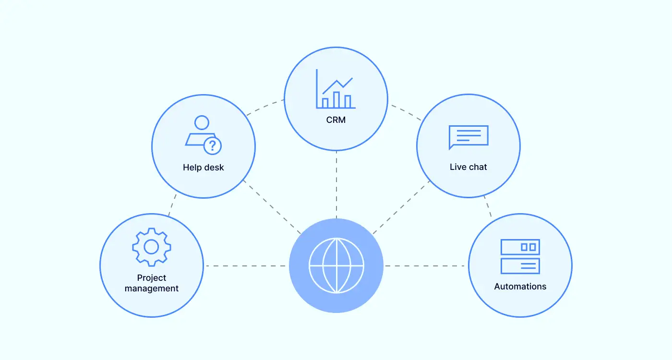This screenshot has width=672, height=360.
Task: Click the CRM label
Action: [336, 120]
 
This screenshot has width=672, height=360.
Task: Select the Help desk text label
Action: [203, 168]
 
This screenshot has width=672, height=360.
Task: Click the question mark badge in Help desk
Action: [213, 145]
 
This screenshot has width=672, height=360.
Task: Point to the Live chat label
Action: [468, 167]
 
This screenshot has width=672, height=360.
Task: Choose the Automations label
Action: [520, 287]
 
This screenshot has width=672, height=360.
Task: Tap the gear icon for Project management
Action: [151, 247]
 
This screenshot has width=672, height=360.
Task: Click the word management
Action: [151, 288]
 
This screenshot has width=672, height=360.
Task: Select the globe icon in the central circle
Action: [336, 265]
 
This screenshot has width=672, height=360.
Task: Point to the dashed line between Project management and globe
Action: [247, 265]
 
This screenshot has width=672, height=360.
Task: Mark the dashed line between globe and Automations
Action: [425, 265]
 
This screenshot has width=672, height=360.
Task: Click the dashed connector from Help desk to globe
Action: [271, 206]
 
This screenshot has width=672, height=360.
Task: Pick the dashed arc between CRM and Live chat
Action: [406, 111]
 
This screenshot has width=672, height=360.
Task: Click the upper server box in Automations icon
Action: [520, 247]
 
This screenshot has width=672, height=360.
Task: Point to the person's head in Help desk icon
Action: [202, 122]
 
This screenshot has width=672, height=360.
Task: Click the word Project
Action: [151, 278]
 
